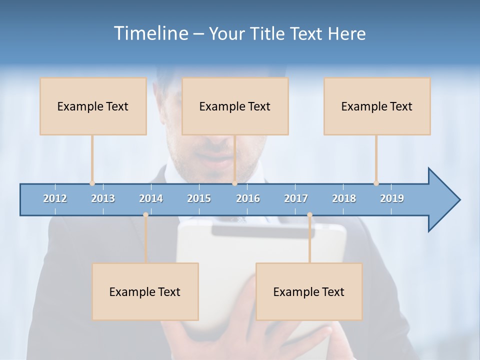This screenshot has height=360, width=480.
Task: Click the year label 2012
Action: tap(55, 198)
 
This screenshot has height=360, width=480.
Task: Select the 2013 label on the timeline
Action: tap(103, 198)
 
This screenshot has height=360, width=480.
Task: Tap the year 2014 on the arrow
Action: tap(151, 198)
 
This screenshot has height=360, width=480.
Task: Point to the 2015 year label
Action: tap(199, 198)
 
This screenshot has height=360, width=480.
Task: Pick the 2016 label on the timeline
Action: tap(248, 198)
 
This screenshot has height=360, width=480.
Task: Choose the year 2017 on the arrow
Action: tap(296, 198)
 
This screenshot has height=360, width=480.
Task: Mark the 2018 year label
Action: tap(344, 198)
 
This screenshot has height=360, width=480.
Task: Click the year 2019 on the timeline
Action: tap(392, 198)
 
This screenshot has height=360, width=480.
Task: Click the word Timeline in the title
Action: tap(150, 33)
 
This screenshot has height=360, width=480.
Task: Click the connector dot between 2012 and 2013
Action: tap(92, 183)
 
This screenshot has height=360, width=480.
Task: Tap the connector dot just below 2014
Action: tap(145, 214)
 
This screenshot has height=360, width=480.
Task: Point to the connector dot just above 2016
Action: tap(234, 183)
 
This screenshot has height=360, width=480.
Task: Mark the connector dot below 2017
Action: tap(309, 214)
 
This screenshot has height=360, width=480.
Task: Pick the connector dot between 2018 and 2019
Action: tap(376, 183)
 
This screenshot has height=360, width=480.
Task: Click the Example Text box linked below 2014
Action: tap(145, 291)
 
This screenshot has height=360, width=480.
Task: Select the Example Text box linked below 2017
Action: tap(309, 291)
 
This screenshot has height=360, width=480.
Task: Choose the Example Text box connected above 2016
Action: tap(235, 106)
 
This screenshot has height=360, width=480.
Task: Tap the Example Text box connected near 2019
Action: tap(377, 106)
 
